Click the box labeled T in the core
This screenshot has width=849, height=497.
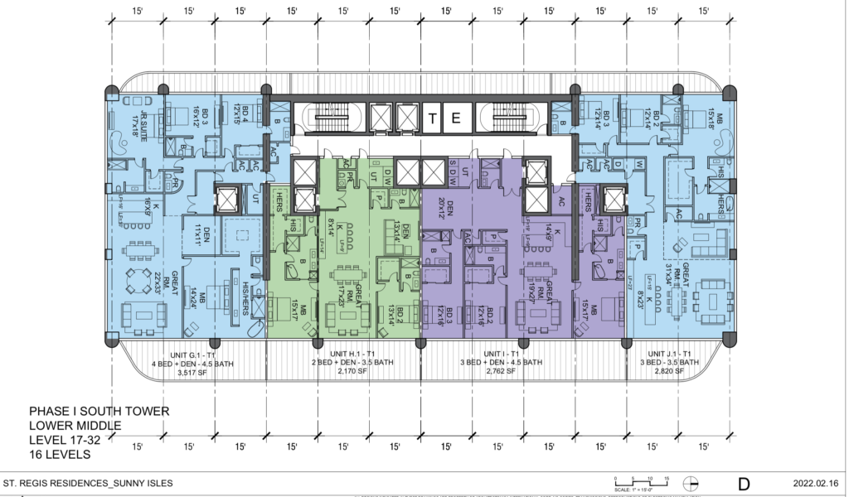(433, 118)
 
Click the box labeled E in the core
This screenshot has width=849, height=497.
(455, 118)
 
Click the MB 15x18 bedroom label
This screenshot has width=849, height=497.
(716, 125)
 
